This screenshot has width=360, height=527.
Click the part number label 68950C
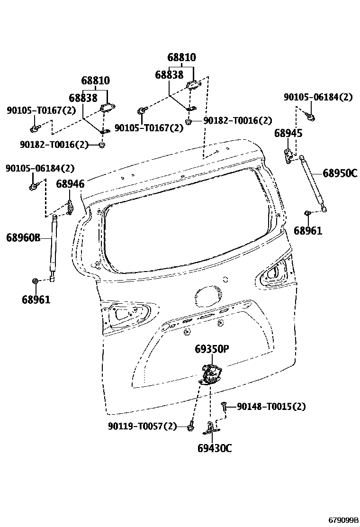[340, 173]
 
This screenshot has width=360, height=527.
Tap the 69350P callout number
[212, 350]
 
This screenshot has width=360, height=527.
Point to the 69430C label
[215, 448]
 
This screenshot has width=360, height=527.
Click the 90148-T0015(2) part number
[271, 407]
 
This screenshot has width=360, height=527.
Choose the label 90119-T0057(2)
[142, 427]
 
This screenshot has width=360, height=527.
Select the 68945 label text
[288, 134]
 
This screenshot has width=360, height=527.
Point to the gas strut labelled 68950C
[312, 182]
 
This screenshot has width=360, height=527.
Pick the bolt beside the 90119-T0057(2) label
[190, 427]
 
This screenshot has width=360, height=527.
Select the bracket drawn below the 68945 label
[288, 154]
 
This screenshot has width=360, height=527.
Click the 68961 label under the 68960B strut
[36, 300]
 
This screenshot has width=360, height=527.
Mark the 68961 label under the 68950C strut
[307, 231]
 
